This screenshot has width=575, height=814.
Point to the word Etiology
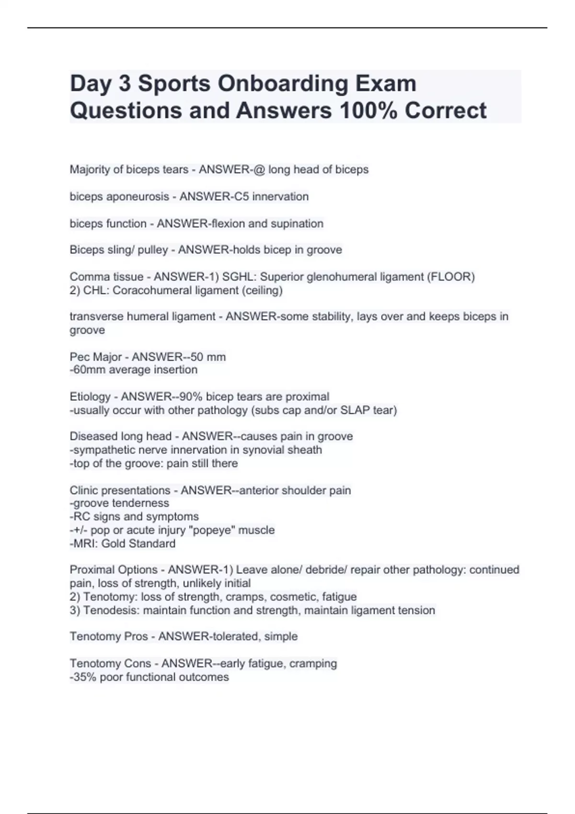[90, 397]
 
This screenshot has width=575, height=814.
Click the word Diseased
[93, 437]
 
